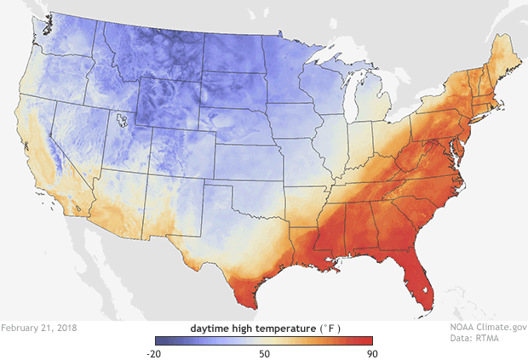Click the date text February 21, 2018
[x=39, y=327]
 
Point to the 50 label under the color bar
[x=265, y=353]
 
